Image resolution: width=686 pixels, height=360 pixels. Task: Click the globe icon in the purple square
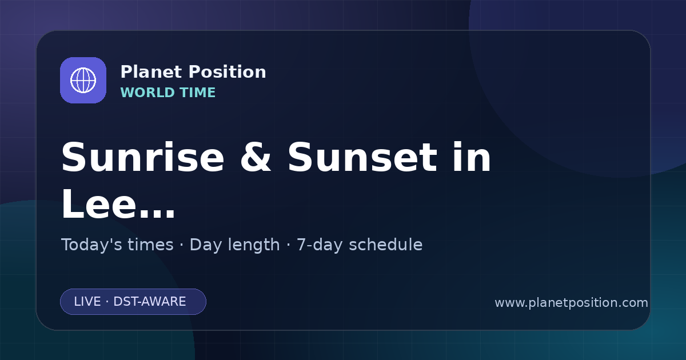coord(83,80)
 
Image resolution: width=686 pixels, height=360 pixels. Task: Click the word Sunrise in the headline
coord(143,157)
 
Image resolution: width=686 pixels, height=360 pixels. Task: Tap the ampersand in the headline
coord(256,157)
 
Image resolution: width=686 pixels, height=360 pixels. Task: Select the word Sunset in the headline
coord(362,157)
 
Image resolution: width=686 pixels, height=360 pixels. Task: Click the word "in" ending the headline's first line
coord(472,157)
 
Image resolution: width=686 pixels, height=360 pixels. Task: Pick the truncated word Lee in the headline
coord(98,203)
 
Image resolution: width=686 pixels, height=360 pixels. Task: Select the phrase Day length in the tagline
coord(234,245)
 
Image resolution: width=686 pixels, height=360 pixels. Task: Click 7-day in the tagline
coord(319,245)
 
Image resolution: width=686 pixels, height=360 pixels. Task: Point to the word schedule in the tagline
coord(385,245)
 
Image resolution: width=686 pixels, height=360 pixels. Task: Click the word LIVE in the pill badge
coord(87,302)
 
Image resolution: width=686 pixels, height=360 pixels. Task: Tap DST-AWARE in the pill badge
coord(149,302)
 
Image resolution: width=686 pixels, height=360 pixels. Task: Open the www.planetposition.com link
coord(571,303)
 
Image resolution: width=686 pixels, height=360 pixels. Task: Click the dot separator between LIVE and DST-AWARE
coord(107,302)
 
